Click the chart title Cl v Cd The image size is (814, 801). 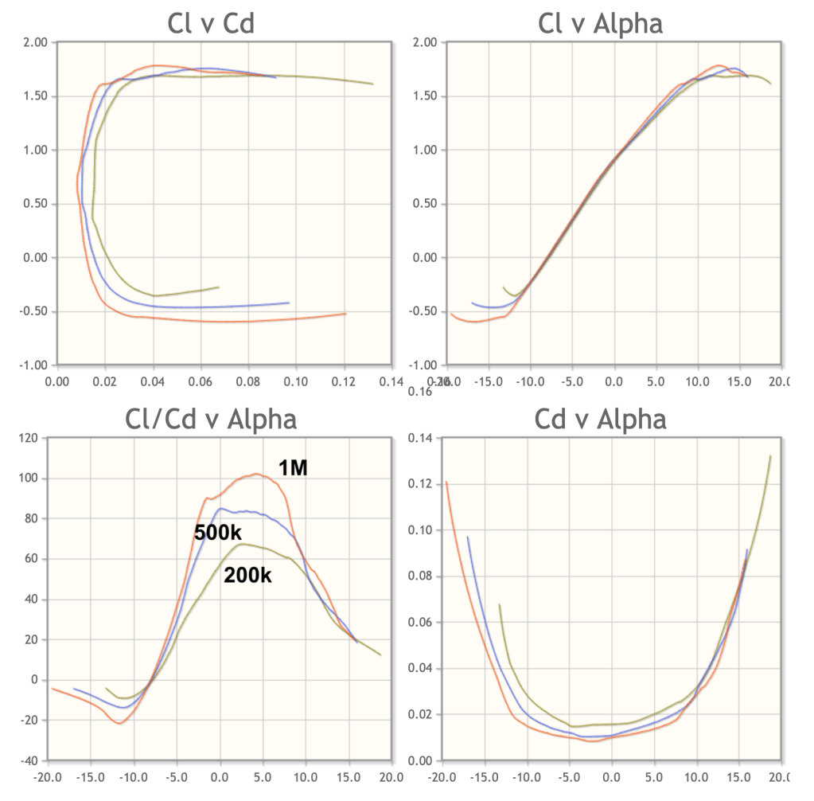point(211,23)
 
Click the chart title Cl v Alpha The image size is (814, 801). point(600,23)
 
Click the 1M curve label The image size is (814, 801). point(293,468)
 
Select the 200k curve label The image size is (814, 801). point(247,575)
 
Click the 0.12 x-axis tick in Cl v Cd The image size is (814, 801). point(345,381)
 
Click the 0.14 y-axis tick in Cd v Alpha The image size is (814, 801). point(419,438)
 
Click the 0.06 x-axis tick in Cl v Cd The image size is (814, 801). point(201,381)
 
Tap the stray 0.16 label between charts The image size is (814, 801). point(419,392)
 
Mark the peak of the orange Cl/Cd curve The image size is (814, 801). point(256,474)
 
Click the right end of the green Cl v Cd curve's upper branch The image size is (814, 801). point(372,84)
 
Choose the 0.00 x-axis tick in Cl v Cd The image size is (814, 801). point(57,381)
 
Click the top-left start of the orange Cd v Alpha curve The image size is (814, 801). point(446,482)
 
